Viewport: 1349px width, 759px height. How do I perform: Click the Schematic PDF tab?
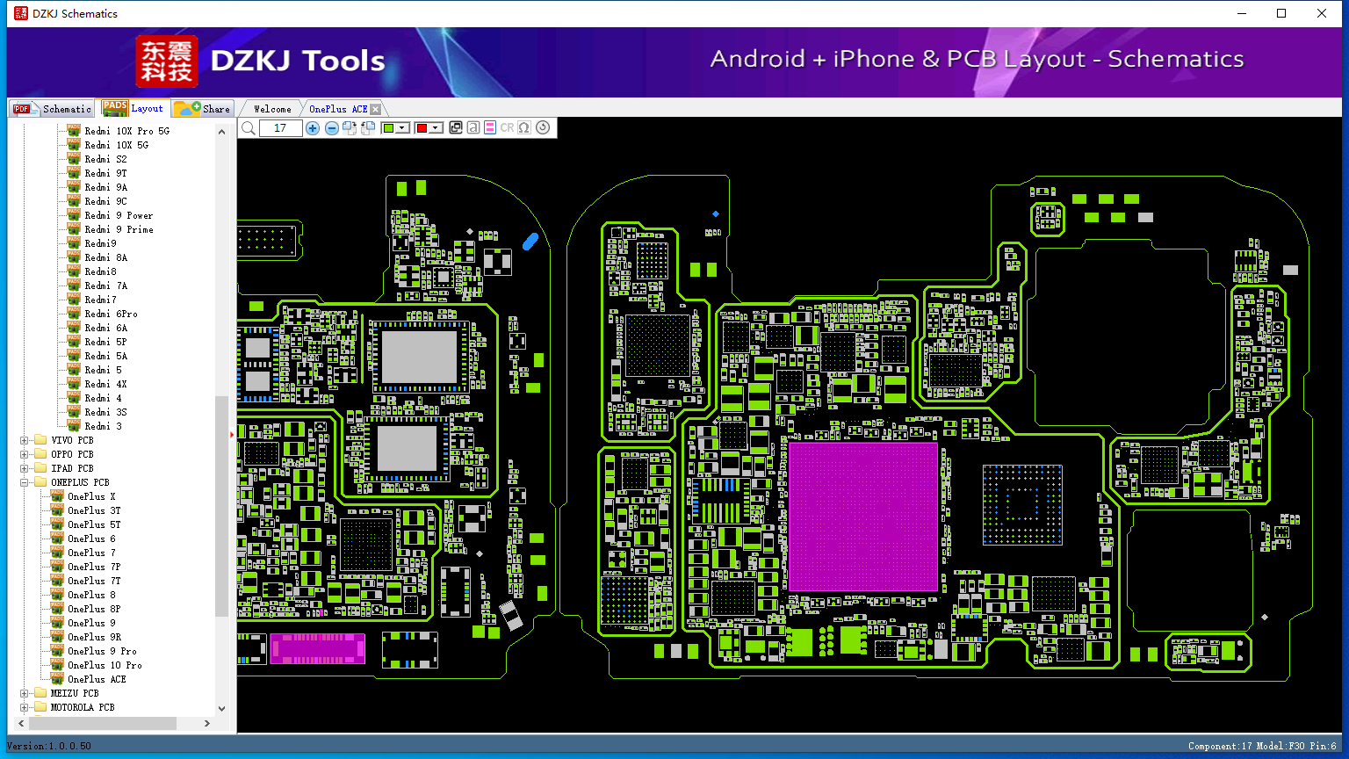(x=53, y=108)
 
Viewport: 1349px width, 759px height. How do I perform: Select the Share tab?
(x=202, y=108)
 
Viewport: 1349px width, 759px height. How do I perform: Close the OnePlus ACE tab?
(x=376, y=109)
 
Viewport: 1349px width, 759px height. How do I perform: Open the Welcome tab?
(x=272, y=109)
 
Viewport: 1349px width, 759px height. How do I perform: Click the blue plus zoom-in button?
(x=312, y=127)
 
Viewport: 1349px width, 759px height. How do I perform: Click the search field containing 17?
(x=280, y=127)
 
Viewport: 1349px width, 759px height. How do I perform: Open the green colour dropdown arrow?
(x=402, y=127)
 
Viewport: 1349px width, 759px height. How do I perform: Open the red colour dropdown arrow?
(x=436, y=127)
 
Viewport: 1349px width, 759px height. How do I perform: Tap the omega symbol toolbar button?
(x=524, y=127)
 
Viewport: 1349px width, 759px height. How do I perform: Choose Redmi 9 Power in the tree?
(x=119, y=215)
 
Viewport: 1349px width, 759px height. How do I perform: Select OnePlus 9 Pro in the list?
(x=102, y=651)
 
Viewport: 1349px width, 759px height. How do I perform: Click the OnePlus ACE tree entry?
(x=97, y=679)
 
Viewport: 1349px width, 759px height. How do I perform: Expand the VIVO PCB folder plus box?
(x=24, y=440)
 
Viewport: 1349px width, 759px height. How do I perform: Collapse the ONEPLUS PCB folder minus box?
(x=24, y=482)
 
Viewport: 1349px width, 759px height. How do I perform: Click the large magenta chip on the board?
(x=863, y=517)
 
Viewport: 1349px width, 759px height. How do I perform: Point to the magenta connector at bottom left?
(x=317, y=649)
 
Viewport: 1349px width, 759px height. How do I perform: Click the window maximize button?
(x=1281, y=13)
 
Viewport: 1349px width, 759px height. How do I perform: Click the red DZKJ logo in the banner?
(x=167, y=61)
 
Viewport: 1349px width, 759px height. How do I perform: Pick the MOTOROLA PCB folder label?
(x=83, y=707)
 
